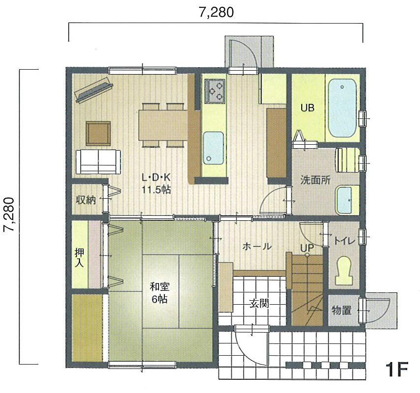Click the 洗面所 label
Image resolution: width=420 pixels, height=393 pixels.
tap(315, 180)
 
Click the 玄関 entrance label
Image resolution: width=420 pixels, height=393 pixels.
tap(260, 303)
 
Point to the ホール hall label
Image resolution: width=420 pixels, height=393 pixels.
tap(257, 246)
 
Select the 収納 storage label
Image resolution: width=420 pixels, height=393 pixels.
tap(85, 200)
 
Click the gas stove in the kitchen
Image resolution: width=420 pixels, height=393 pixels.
tap(214, 91)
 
